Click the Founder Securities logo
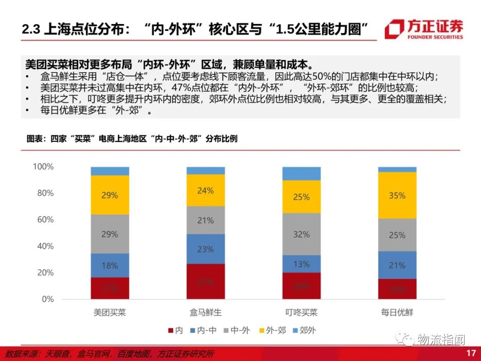click(x=424, y=29)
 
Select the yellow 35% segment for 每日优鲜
click(x=397, y=195)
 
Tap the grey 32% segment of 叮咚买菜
click(x=302, y=234)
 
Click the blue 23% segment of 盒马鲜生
click(x=206, y=249)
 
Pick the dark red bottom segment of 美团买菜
click(x=110, y=288)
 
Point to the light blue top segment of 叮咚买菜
click(x=302, y=173)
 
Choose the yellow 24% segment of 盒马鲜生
click(x=206, y=190)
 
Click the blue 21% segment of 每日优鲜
click(x=397, y=265)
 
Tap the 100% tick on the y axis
click(x=43, y=167)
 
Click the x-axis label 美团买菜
click(x=110, y=312)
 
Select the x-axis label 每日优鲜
click(x=397, y=312)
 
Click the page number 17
click(x=471, y=353)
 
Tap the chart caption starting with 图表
click(x=132, y=139)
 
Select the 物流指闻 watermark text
click(x=441, y=340)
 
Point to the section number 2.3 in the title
click(x=31, y=29)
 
